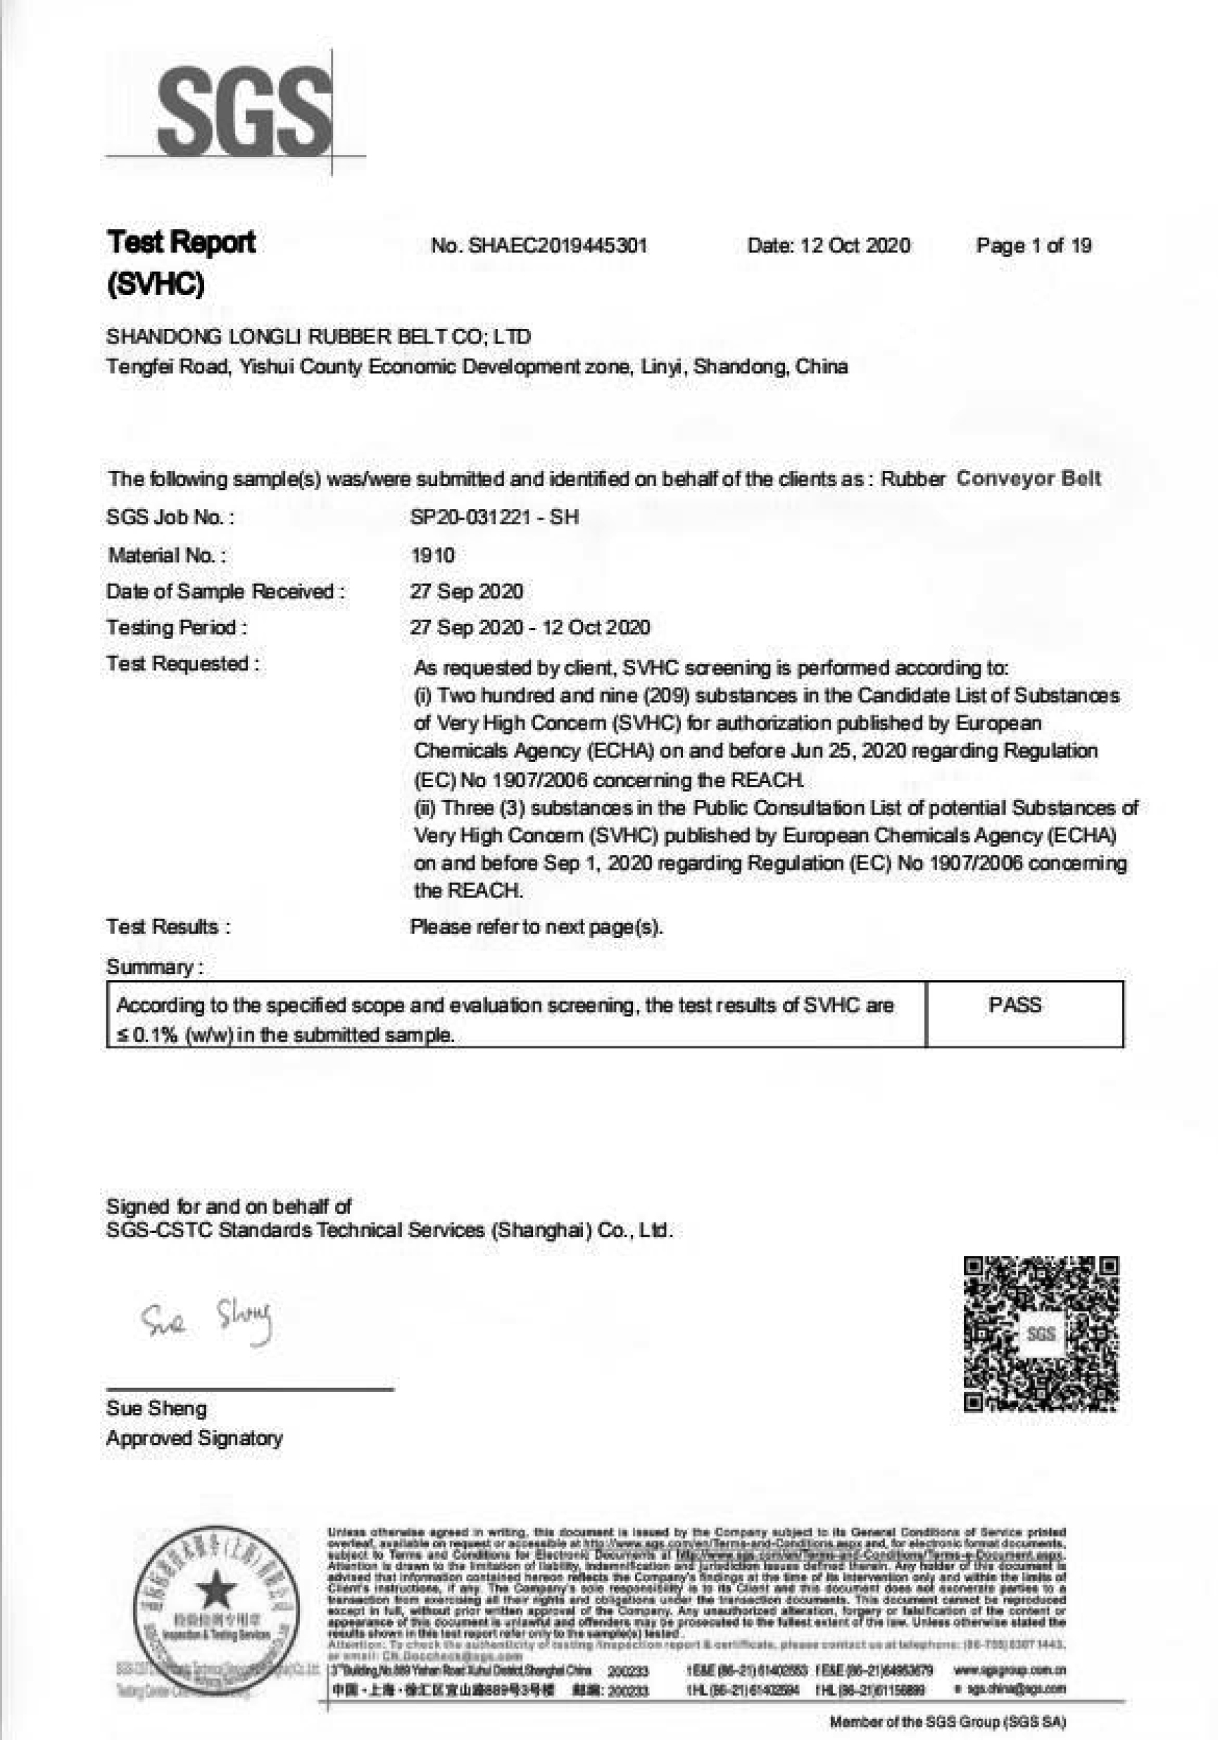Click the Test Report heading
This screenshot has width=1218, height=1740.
tap(182, 243)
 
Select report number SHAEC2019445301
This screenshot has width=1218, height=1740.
tap(539, 246)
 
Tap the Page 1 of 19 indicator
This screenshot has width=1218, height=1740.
tap(1033, 246)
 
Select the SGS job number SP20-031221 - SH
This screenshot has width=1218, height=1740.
tap(494, 517)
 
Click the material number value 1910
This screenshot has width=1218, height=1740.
tap(432, 556)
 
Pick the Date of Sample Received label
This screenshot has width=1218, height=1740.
tap(225, 591)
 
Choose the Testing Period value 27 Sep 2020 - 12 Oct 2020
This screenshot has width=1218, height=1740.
tap(530, 627)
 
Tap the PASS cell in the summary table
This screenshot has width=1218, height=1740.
tap(1014, 1006)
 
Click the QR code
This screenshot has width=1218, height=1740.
tap(1041, 1333)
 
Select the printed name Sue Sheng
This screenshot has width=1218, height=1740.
tap(156, 1409)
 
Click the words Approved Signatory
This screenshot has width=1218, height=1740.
tap(195, 1439)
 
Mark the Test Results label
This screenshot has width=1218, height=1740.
tap(168, 927)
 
